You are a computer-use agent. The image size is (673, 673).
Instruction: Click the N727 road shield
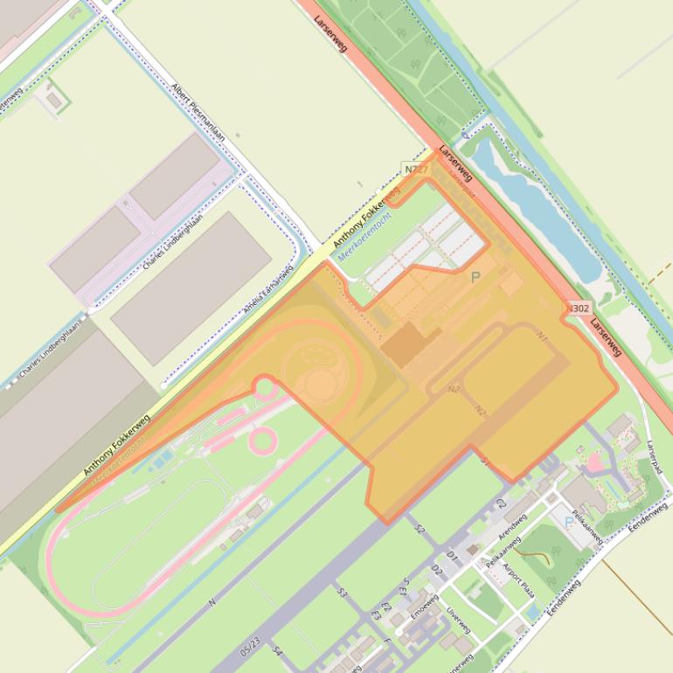click(416, 169)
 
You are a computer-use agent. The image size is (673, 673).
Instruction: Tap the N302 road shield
click(577, 308)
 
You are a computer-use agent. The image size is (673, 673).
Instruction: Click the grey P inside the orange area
click(475, 278)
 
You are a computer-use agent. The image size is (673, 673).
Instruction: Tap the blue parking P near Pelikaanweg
click(569, 522)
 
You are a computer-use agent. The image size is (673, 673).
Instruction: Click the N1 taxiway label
click(542, 336)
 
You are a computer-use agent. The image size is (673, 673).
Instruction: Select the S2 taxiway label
click(420, 530)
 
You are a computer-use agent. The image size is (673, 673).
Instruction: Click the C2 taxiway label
click(501, 504)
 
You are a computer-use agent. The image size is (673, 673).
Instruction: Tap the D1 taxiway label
click(452, 556)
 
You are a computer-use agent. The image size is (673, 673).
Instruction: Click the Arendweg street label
click(512, 526)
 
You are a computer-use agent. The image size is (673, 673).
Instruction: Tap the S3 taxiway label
click(343, 593)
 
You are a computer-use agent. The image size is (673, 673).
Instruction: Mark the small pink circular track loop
click(263, 440)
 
